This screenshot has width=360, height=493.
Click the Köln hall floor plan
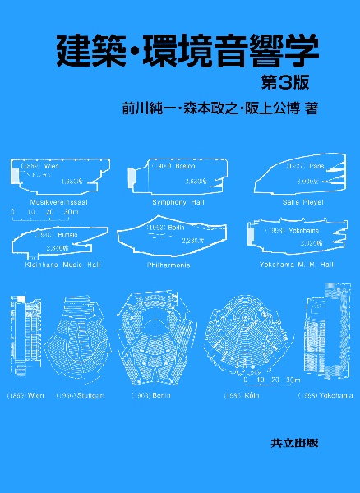coord(250,338)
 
